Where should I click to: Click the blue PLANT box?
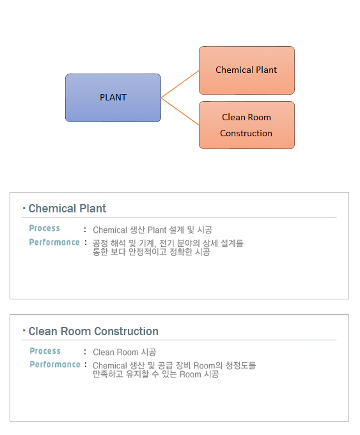click(x=113, y=98)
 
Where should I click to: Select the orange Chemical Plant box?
click(x=247, y=70)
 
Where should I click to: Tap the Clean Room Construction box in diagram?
click(x=247, y=125)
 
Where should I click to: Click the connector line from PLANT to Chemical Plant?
click(x=180, y=84)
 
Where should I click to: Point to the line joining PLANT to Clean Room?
click(x=180, y=111)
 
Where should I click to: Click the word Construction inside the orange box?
click(x=246, y=134)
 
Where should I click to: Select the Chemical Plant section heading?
click(x=67, y=209)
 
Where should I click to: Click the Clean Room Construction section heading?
click(x=93, y=331)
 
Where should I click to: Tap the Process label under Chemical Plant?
click(x=45, y=228)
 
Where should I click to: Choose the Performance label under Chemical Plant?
click(x=54, y=242)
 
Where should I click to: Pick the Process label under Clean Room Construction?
click(x=45, y=351)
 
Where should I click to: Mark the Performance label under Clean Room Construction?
click(x=55, y=364)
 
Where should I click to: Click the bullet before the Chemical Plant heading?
click(x=24, y=208)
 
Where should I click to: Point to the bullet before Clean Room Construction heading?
click(x=24, y=330)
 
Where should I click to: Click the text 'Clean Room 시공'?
click(x=125, y=352)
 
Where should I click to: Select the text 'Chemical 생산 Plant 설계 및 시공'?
click(x=153, y=230)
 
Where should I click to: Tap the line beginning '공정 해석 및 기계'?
click(x=168, y=243)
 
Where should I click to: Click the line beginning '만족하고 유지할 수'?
click(x=156, y=374)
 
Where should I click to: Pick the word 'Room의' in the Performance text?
click(x=208, y=365)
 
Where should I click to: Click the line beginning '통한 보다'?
click(x=152, y=252)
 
